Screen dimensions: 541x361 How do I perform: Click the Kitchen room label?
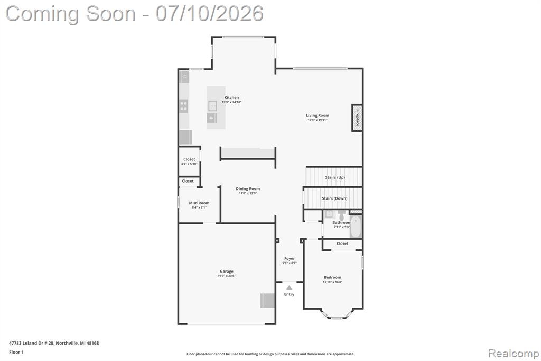(231, 98)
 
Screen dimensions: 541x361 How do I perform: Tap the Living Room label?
(318, 115)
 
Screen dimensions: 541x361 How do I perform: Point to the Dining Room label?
(248, 189)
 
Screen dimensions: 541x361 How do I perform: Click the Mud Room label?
(199, 203)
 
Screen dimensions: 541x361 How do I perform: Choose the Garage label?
(227, 272)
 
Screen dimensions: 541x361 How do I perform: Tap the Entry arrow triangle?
(289, 288)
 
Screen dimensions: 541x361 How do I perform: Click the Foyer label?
(290, 259)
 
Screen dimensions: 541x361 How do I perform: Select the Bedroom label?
(333, 277)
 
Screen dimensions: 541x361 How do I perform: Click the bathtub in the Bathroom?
(356, 227)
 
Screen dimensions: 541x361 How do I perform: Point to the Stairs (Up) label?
(335, 177)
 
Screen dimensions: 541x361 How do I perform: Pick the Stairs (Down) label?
(334, 198)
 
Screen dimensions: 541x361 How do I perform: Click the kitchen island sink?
(212, 105)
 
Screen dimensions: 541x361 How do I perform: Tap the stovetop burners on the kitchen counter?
(184, 106)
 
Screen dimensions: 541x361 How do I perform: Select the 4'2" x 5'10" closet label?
(189, 164)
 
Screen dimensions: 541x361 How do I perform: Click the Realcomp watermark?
(514, 354)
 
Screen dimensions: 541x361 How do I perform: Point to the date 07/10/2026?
(209, 14)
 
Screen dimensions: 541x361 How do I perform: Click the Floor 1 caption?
(16, 352)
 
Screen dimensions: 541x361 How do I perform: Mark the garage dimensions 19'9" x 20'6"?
(227, 276)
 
